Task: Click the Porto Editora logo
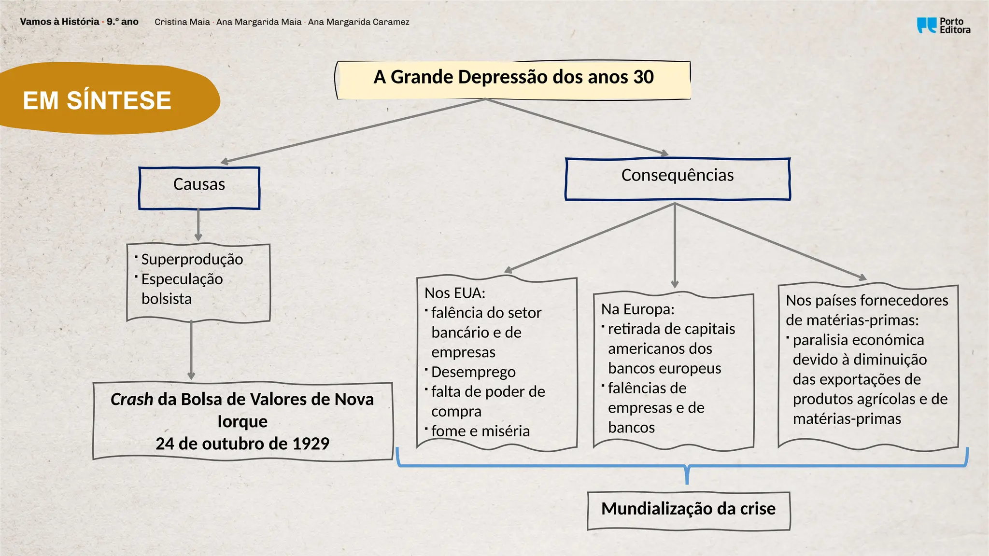tap(943, 26)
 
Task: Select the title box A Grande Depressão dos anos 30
tap(513, 78)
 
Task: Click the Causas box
tap(199, 187)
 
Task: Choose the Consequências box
tap(677, 178)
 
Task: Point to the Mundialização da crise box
tap(688, 510)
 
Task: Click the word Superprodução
tap(192, 260)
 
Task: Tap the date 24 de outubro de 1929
tap(242, 444)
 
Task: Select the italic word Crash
tap(131, 400)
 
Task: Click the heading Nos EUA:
tap(454, 293)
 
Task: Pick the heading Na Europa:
tap(637, 309)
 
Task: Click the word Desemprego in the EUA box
tap(473, 372)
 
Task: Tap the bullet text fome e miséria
tap(480, 431)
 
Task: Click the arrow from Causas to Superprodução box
tap(198, 225)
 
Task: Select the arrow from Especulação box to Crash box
tap(191, 350)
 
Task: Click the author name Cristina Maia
tap(182, 22)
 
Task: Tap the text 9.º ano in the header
tap(123, 22)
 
